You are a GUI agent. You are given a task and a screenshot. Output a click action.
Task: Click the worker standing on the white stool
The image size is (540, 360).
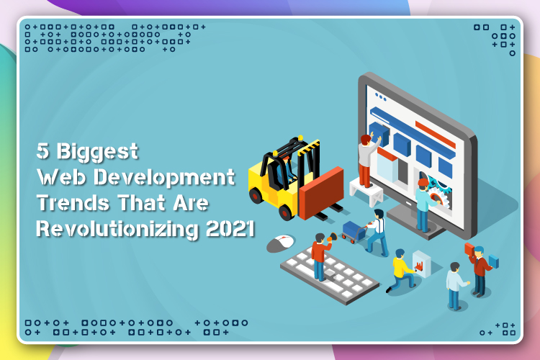coord(366,158)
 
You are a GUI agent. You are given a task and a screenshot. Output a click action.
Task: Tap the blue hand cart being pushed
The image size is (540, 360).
coord(352,230)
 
